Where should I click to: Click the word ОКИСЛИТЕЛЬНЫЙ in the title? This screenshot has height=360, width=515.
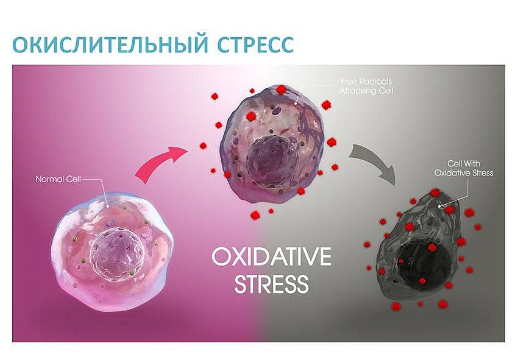tap(110, 44)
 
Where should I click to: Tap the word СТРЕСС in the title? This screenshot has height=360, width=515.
tap(255, 44)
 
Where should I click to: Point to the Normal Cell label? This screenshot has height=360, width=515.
tap(58, 179)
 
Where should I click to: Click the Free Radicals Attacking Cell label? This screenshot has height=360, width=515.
tap(366, 86)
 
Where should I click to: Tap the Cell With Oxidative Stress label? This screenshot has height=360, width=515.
tap(464, 168)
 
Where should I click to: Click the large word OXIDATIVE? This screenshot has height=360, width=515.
tap(271, 256)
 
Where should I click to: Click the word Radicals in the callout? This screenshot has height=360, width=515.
tap(376, 82)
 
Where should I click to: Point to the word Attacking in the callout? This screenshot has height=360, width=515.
tap(358, 91)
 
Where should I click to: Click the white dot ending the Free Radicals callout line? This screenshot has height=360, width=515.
tap(296, 104)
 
